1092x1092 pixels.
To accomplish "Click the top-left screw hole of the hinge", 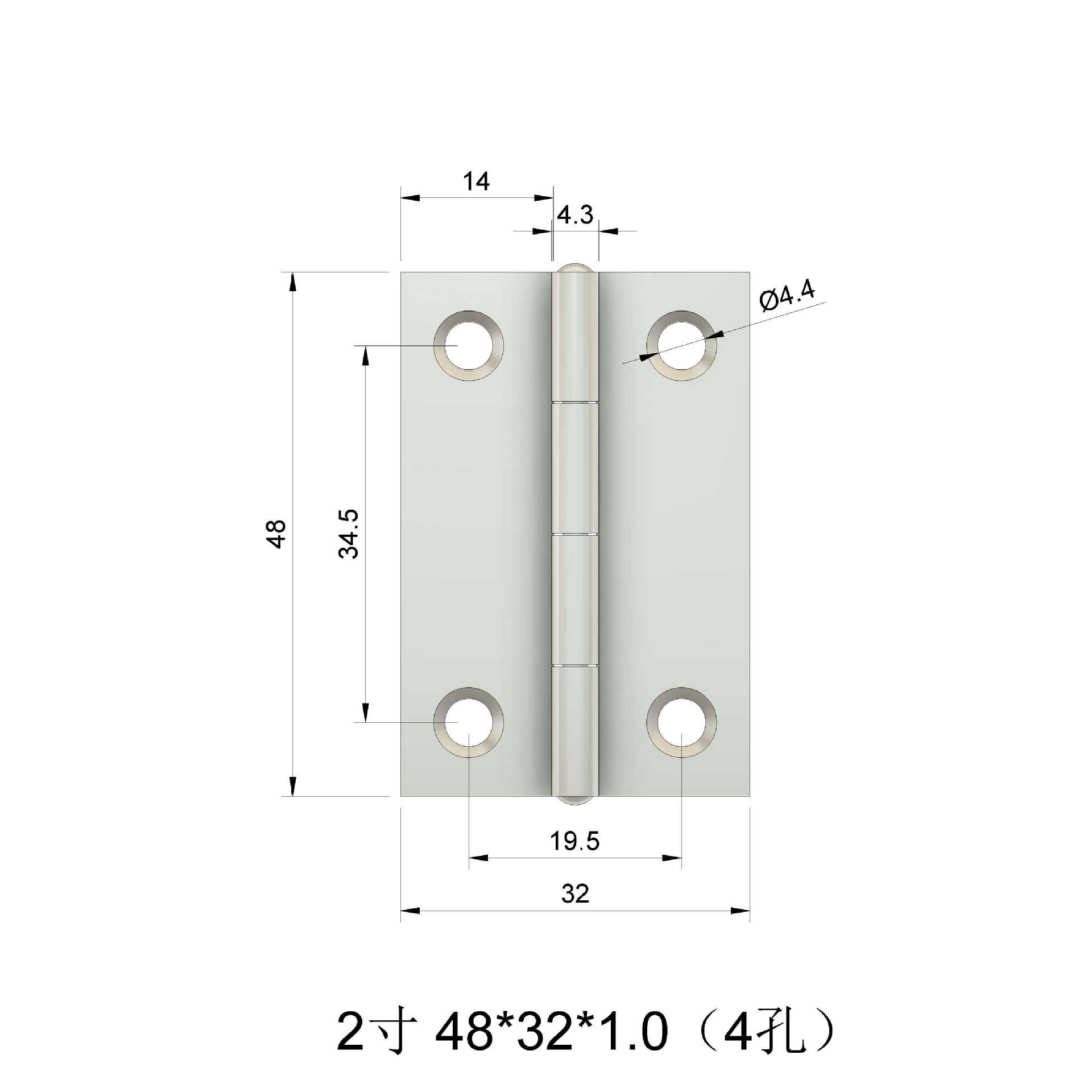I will tap(468, 345).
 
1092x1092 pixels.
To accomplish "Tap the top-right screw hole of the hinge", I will tap(681, 345).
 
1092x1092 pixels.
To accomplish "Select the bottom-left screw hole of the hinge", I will tap(468, 722).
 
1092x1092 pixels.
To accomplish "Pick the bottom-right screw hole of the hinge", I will tap(681, 722).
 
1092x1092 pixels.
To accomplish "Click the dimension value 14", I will tap(475, 182).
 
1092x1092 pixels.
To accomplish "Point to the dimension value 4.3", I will tap(574, 215).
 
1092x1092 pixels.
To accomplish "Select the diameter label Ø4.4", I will tap(787, 296).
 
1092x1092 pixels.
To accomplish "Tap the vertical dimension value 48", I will tap(277, 533).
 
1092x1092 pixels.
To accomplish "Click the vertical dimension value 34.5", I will tap(349, 533).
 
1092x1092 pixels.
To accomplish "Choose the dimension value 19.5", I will tap(574, 841).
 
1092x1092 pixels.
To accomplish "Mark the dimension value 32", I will tap(574, 894).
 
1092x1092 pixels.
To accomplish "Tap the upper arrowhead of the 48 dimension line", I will tap(292, 283).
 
